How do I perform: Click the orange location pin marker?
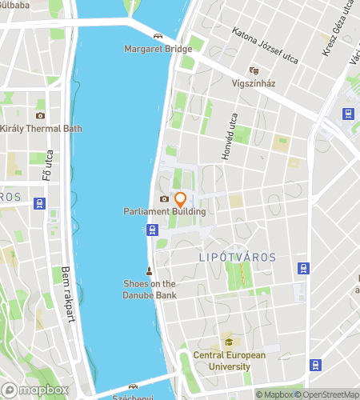pos(180,199)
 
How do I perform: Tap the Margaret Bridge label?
pos(158,49)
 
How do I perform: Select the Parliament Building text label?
pos(165,211)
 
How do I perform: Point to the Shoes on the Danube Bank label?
pos(150,289)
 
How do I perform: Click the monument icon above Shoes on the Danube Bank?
pos(149,270)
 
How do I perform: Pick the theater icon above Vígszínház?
pos(254,70)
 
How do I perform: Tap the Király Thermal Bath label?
pos(40,129)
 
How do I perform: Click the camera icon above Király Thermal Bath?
pos(40,116)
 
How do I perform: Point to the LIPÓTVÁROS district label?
pos(237,258)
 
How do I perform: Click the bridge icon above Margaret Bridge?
pos(158,36)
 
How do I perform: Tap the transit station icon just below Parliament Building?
pos(151,230)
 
